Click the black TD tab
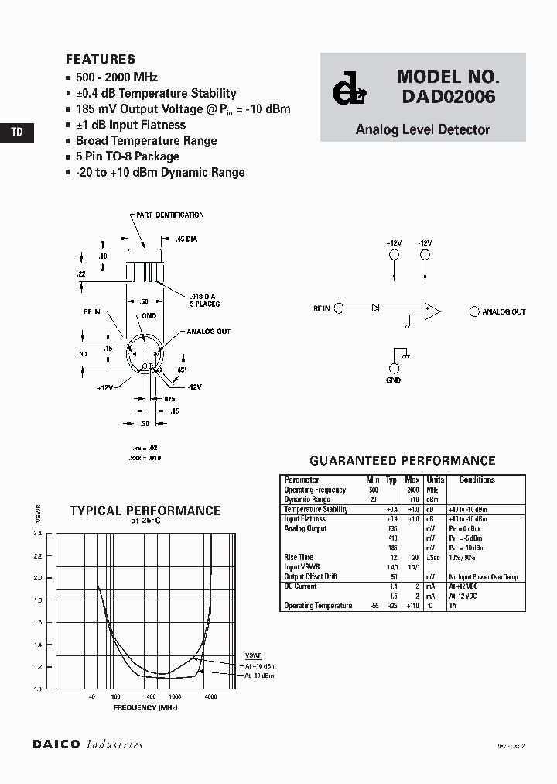(x=17, y=132)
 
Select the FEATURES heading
(x=100, y=59)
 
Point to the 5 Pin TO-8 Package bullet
(x=127, y=156)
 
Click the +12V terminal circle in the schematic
(x=394, y=254)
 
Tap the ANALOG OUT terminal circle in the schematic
(x=474, y=311)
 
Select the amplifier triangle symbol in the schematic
(x=432, y=311)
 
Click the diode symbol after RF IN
(x=375, y=308)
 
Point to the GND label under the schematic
(x=394, y=380)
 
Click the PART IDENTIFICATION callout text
(x=169, y=215)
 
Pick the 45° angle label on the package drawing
(x=183, y=370)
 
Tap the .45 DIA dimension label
(x=186, y=239)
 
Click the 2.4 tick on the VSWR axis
(x=37, y=534)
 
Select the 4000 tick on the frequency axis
(x=210, y=697)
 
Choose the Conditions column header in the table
(x=477, y=480)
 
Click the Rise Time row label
(x=299, y=557)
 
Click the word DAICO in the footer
(x=56, y=744)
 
